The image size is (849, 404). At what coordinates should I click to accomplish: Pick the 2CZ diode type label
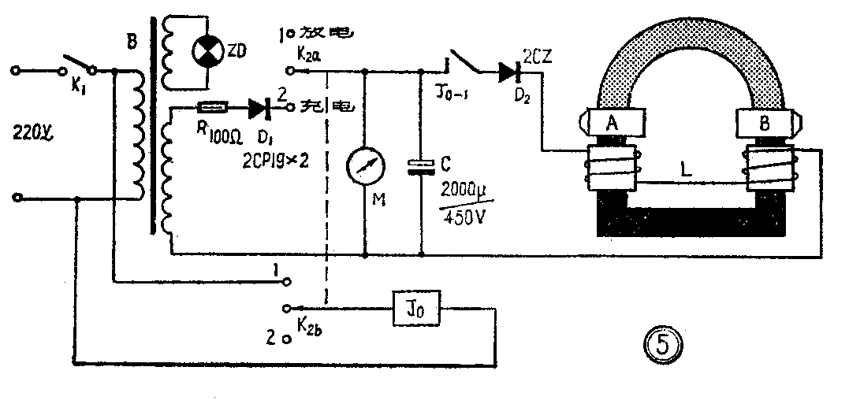tap(538, 56)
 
